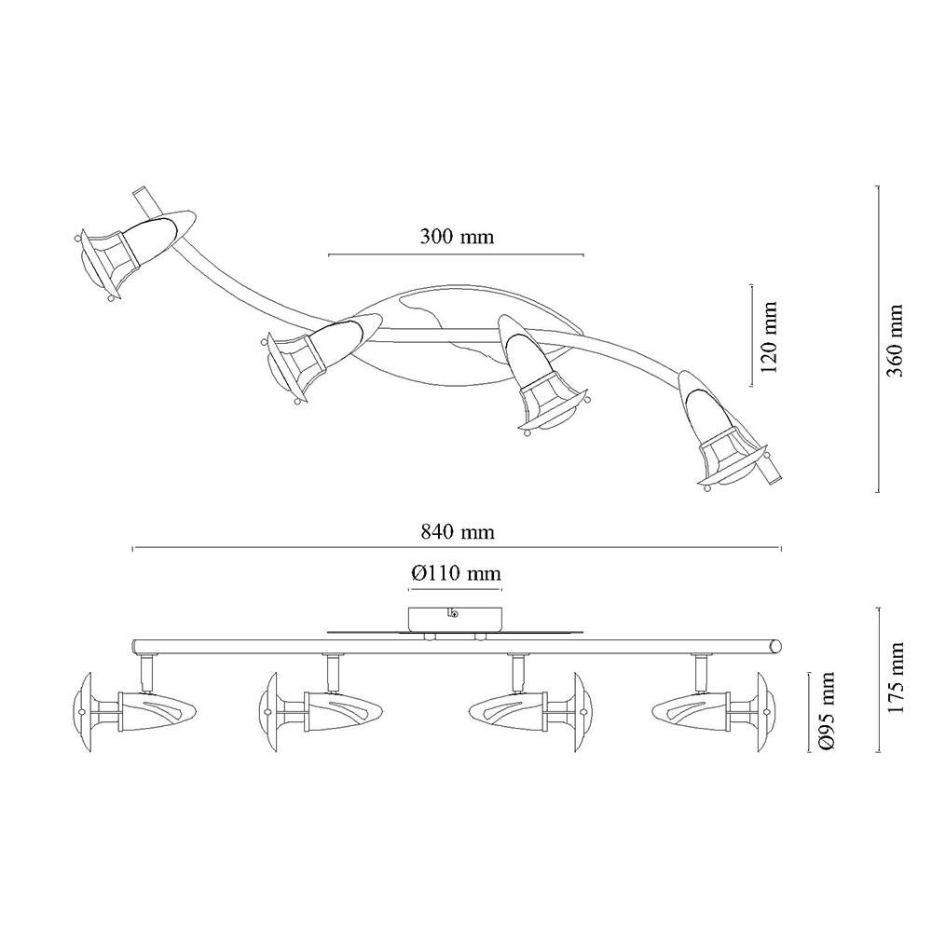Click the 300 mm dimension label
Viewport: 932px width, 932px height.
pos(457,237)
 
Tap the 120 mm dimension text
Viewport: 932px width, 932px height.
pos(769,337)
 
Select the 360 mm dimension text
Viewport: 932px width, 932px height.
pos(894,340)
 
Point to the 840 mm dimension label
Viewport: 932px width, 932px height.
pos(457,531)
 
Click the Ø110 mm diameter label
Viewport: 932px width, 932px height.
pos(456,573)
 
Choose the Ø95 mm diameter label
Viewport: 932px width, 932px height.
pos(826,711)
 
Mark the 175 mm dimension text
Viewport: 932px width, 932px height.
pos(894,678)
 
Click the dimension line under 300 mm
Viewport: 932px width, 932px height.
pos(456,255)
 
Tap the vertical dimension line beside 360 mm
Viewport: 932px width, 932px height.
pos(877,339)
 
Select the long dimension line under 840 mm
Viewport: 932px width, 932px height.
pos(457,548)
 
